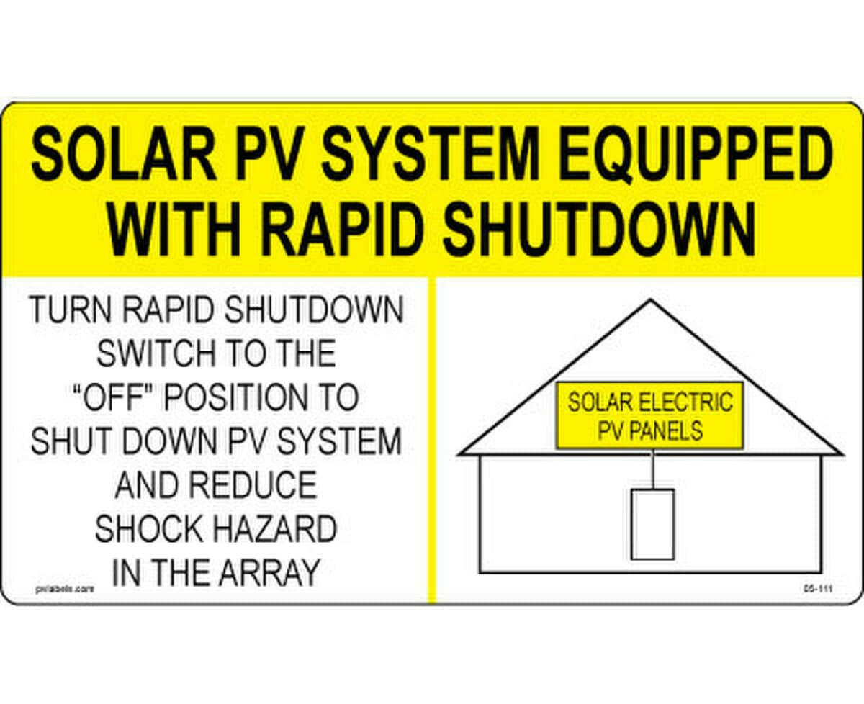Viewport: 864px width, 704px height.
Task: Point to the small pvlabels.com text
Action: click(65, 587)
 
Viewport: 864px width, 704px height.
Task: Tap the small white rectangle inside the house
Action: click(652, 524)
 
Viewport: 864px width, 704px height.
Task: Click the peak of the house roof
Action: click(650, 302)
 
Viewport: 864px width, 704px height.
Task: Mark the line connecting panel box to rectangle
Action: click(652, 469)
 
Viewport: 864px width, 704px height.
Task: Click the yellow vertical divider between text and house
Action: click(432, 439)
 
